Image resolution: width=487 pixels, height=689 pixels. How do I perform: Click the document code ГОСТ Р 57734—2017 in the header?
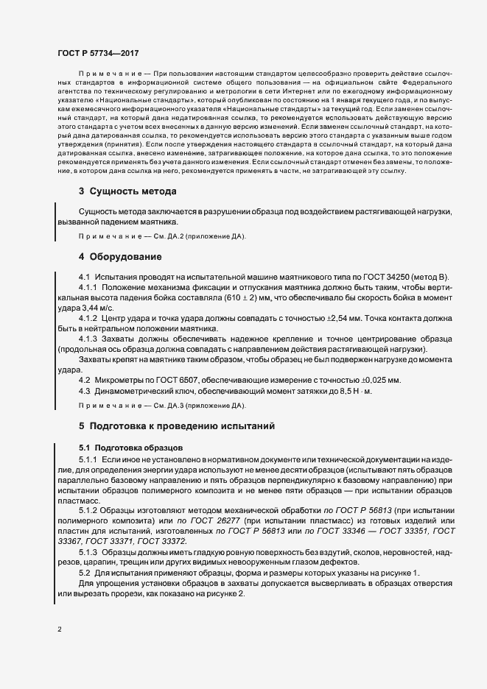(97, 54)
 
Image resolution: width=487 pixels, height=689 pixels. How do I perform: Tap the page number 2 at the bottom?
(60, 630)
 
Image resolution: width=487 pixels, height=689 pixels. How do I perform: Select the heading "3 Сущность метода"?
(127, 191)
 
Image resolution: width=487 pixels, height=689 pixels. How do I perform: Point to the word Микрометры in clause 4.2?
(118, 380)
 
